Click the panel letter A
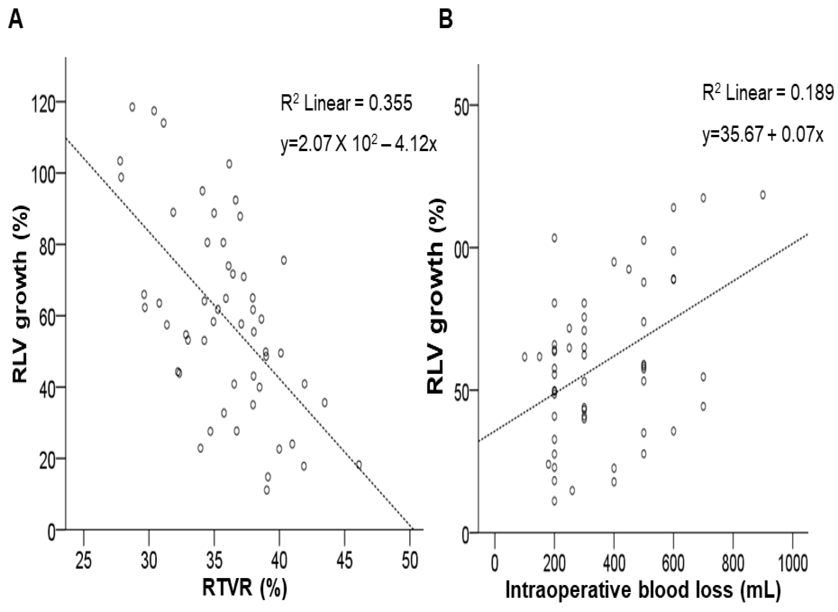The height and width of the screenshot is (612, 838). [16, 19]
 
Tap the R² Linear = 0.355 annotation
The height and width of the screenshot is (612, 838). [346, 103]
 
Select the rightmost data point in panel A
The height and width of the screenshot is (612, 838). [358, 465]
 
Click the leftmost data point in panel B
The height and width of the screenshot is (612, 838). [524, 357]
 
